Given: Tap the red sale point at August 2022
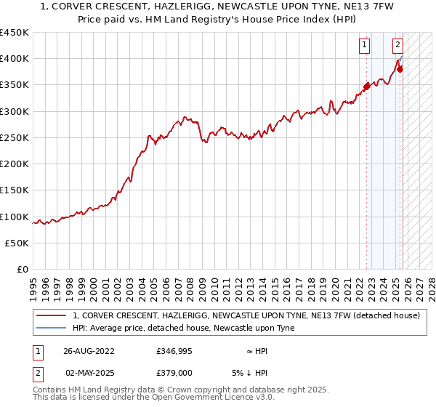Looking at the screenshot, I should click(x=366, y=86).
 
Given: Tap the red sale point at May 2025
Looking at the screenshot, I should click(x=400, y=70).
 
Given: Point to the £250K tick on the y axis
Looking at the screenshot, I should click(x=15, y=137).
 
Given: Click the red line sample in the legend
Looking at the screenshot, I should click(x=51, y=316).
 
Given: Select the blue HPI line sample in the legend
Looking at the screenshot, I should click(x=51, y=329).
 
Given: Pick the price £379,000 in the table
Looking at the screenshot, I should click(x=174, y=372).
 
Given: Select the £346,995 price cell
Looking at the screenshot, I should click(x=174, y=351).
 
